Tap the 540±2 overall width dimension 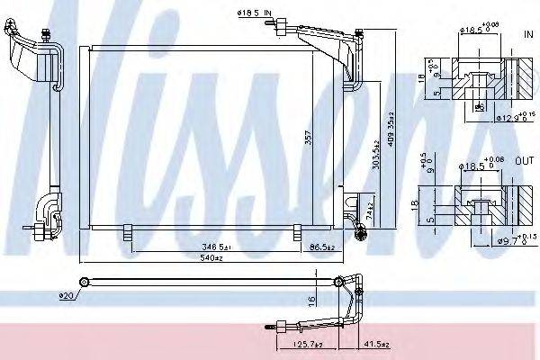(213, 258)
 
